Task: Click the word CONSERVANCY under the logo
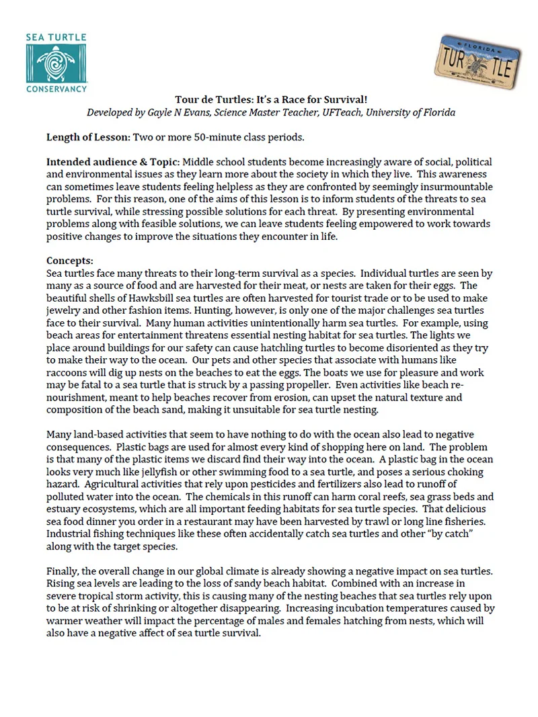coord(56,89)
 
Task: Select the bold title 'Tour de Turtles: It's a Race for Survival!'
coord(271,99)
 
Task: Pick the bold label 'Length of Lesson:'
coord(87,138)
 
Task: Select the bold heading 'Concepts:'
coord(69,261)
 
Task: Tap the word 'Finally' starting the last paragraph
coord(65,571)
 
